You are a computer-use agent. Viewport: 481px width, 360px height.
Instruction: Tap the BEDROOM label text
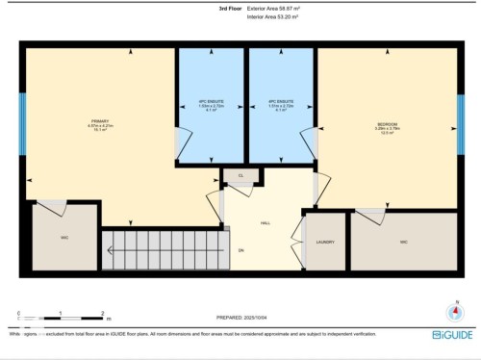click(388, 125)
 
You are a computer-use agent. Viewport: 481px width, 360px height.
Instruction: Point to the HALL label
click(265, 222)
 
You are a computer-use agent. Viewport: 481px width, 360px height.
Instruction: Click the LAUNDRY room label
click(325, 242)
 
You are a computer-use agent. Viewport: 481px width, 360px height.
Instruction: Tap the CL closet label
click(241, 175)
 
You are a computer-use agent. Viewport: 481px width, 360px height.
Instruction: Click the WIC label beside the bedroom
click(404, 242)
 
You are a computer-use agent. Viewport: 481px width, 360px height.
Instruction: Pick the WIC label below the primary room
click(63, 237)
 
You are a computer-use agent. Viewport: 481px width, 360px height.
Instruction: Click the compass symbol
click(452, 311)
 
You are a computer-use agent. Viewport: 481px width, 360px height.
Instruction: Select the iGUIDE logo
click(451, 334)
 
